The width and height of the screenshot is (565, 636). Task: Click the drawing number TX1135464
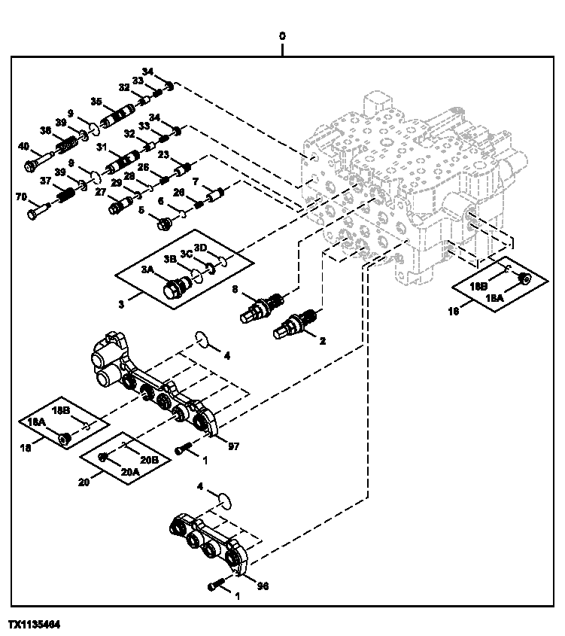35,625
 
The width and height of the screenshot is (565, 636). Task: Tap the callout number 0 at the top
282,35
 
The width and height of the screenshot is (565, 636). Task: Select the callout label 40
24,146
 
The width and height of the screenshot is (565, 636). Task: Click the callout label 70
21,197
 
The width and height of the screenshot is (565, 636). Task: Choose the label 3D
200,248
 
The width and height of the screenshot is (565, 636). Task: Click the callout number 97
233,446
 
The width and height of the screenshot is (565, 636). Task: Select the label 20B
150,459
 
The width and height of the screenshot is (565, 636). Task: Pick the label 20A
129,472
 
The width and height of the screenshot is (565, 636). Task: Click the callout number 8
235,288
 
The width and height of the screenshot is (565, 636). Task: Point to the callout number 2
322,341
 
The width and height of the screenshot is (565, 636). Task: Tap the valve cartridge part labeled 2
295,324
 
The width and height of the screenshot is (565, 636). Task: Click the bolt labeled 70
38,213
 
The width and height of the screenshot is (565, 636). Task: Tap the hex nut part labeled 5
162,222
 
